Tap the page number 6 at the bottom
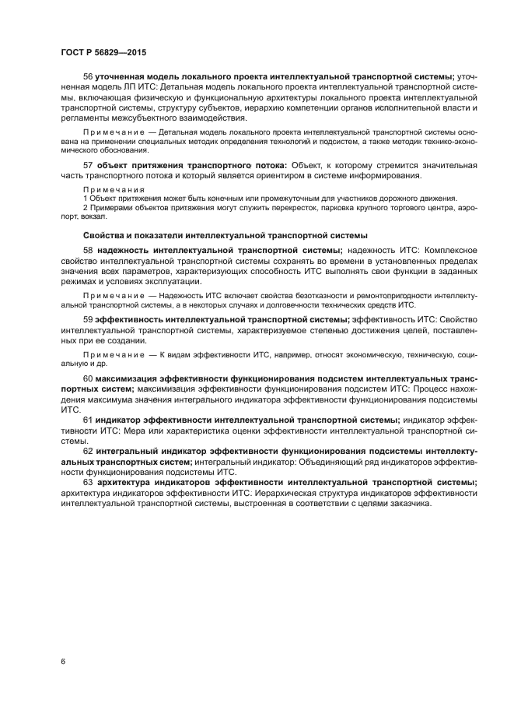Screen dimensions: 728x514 [x=63, y=661]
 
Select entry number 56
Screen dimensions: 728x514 [x=88, y=76]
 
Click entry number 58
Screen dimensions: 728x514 [x=88, y=250]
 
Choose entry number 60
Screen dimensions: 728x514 [x=88, y=378]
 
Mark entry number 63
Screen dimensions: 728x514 [x=88, y=482]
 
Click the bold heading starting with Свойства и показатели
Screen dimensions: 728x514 [x=225, y=234]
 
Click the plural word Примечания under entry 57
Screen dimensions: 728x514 [x=114, y=189]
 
